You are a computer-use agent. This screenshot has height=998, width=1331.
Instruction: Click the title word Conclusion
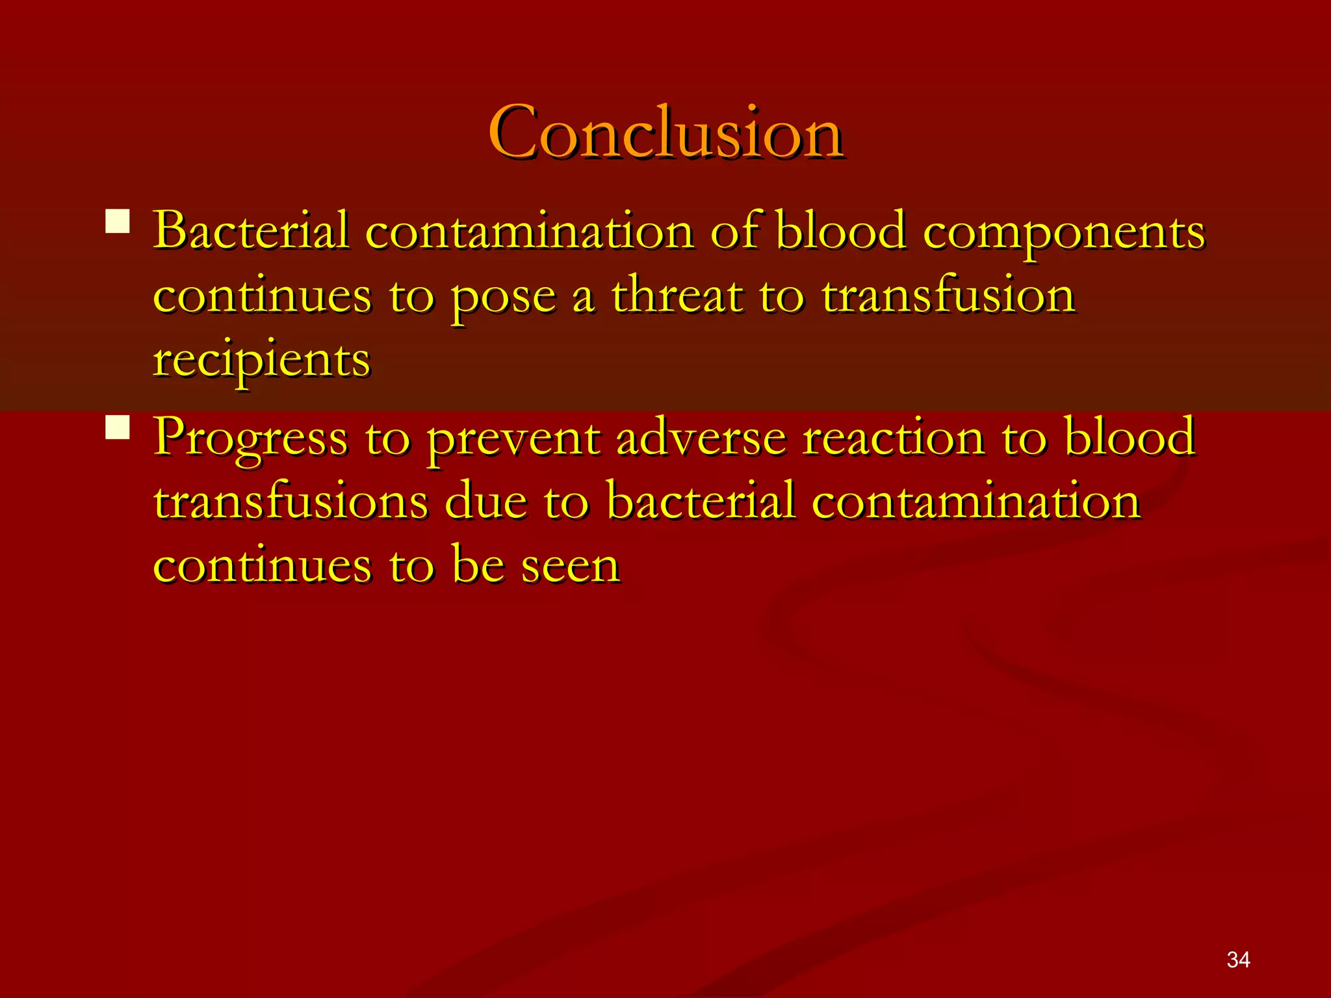click(665, 133)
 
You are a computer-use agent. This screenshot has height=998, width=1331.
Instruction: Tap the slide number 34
click(1238, 960)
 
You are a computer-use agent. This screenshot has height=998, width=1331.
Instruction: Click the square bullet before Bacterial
click(118, 221)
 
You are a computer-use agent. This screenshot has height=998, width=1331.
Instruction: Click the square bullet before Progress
click(118, 428)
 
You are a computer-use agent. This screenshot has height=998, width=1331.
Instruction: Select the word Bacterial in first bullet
click(251, 231)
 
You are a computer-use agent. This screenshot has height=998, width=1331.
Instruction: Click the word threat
click(677, 296)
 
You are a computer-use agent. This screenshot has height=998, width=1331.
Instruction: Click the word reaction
click(894, 437)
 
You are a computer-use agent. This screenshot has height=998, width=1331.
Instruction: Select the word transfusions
click(291, 502)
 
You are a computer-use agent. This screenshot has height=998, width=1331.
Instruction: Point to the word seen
click(570, 566)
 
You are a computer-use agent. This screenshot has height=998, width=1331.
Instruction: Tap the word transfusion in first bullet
click(948, 296)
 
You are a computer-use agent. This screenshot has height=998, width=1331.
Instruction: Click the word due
click(485, 502)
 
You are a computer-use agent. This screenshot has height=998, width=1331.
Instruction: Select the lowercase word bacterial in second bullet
click(701, 502)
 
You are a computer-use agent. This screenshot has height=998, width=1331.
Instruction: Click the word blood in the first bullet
click(841, 231)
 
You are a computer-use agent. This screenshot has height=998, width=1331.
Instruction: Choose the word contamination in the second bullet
click(976, 502)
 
